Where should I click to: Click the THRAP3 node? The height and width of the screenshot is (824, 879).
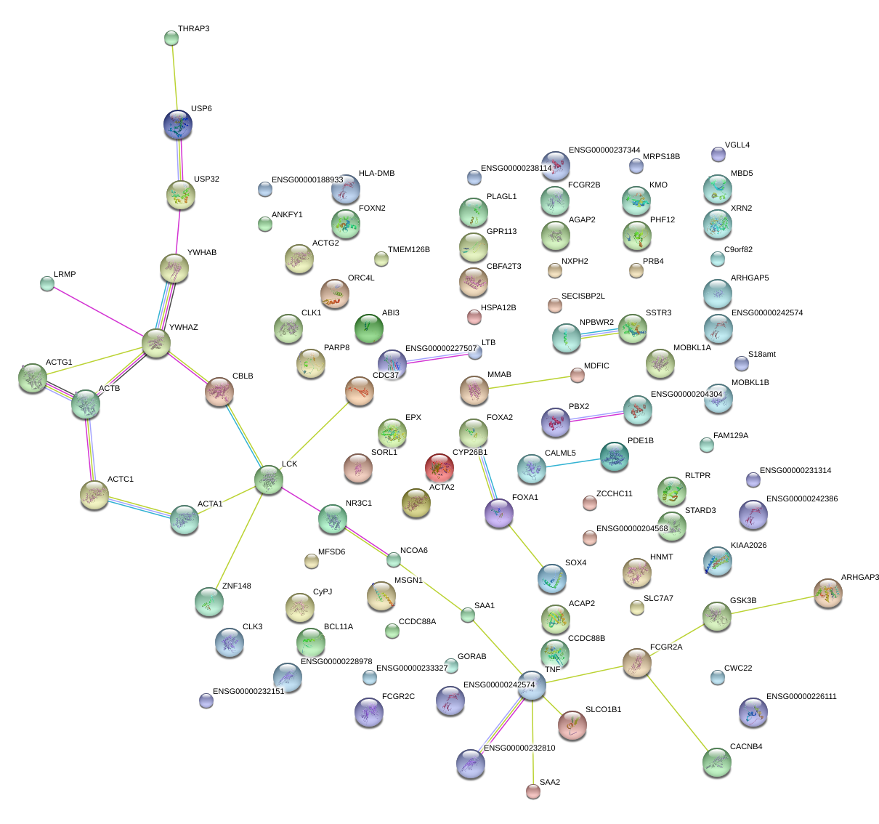[x=171, y=37]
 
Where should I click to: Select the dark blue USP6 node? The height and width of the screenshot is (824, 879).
[x=179, y=125]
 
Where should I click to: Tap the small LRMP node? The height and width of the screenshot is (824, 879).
[x=47, y=283]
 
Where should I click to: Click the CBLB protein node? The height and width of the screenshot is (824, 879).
[x=219, y=392]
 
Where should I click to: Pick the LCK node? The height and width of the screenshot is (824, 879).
[x=269, y=480]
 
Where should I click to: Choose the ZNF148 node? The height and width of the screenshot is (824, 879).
[x=209, y=601]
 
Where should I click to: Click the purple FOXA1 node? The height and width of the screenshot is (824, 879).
[x=499, y=513]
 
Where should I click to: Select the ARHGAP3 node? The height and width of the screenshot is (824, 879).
[x=827, y=593]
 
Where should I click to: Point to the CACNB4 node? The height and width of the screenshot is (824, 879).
[x=717, y=762]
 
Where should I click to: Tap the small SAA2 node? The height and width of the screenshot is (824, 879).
[x=533, y=791]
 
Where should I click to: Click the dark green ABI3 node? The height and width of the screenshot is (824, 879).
[x=368, y=328]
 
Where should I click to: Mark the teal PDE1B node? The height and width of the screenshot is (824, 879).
[x=615, y=456]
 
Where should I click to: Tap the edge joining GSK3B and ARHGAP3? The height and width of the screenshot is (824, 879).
[x=772, y=605]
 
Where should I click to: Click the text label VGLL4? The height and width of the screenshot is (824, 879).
[x=737, y=145]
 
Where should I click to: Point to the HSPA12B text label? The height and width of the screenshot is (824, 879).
[x=498, y=308]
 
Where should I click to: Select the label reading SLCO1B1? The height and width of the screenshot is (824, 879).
[x=603, y=709]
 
